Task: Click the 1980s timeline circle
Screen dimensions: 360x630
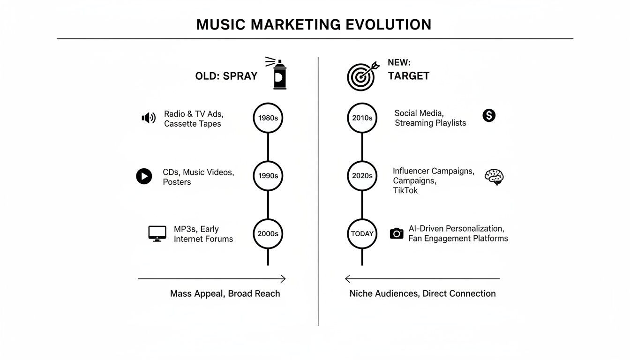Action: pyautogui.click(x=268, y=118)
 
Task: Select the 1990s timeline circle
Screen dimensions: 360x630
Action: pyautogui.click(x=268, y=176)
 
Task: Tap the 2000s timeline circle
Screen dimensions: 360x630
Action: pyautogui.click(x=268, y=233)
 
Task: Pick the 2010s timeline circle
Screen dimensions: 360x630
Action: pyautogui.click(x=362, y=118)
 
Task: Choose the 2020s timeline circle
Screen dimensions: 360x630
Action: pyautogui.click(x=362, y=176)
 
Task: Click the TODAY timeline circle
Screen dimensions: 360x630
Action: pyautogui.click(x=362, y=233)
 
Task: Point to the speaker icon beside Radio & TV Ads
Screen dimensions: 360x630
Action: pyautogui.click(x=149, y=118)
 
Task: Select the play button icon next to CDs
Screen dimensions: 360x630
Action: pyautogui.click(x=144, y=176)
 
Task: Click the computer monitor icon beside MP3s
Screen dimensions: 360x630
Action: pyautogui.click(x=157, y=233)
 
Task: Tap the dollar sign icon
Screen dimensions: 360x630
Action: pyautogui.click(x=489, y=115)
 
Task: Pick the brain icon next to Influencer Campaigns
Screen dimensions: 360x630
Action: pyautogui.click(x=494, y=177)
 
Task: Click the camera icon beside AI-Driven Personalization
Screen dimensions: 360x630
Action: pyautogui.click(x=397, y=233)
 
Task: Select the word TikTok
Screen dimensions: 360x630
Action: pyautogui.click(x=405, y=190)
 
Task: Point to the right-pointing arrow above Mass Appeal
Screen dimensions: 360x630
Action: pyautogui.click(x=212, y=279)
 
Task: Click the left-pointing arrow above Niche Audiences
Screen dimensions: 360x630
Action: pyautogui.click(x=422, y=279)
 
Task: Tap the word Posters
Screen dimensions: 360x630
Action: pyautogui.click(x=177, y=182)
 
